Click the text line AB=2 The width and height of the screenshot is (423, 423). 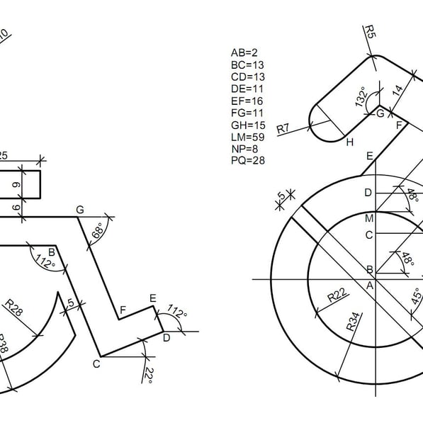244,52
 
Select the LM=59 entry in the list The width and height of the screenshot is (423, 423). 248,137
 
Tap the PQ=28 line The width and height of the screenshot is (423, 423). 248,161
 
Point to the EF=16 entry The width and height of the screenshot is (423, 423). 247,101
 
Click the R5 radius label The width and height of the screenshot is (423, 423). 370,32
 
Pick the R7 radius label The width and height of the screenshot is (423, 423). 283,128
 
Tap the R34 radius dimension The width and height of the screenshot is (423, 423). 353,321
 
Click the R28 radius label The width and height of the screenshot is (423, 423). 13,308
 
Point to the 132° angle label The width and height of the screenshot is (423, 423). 361,96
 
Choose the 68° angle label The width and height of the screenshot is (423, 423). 98,230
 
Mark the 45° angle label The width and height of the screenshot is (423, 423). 416,296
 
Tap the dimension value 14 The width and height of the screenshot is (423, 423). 397,91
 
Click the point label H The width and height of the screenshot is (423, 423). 349,142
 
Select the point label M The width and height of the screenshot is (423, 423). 369,218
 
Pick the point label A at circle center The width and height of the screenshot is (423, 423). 370,285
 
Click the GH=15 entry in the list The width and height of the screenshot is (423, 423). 248,125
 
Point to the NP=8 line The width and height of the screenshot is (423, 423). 244,149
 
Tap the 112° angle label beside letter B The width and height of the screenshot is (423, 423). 45,261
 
